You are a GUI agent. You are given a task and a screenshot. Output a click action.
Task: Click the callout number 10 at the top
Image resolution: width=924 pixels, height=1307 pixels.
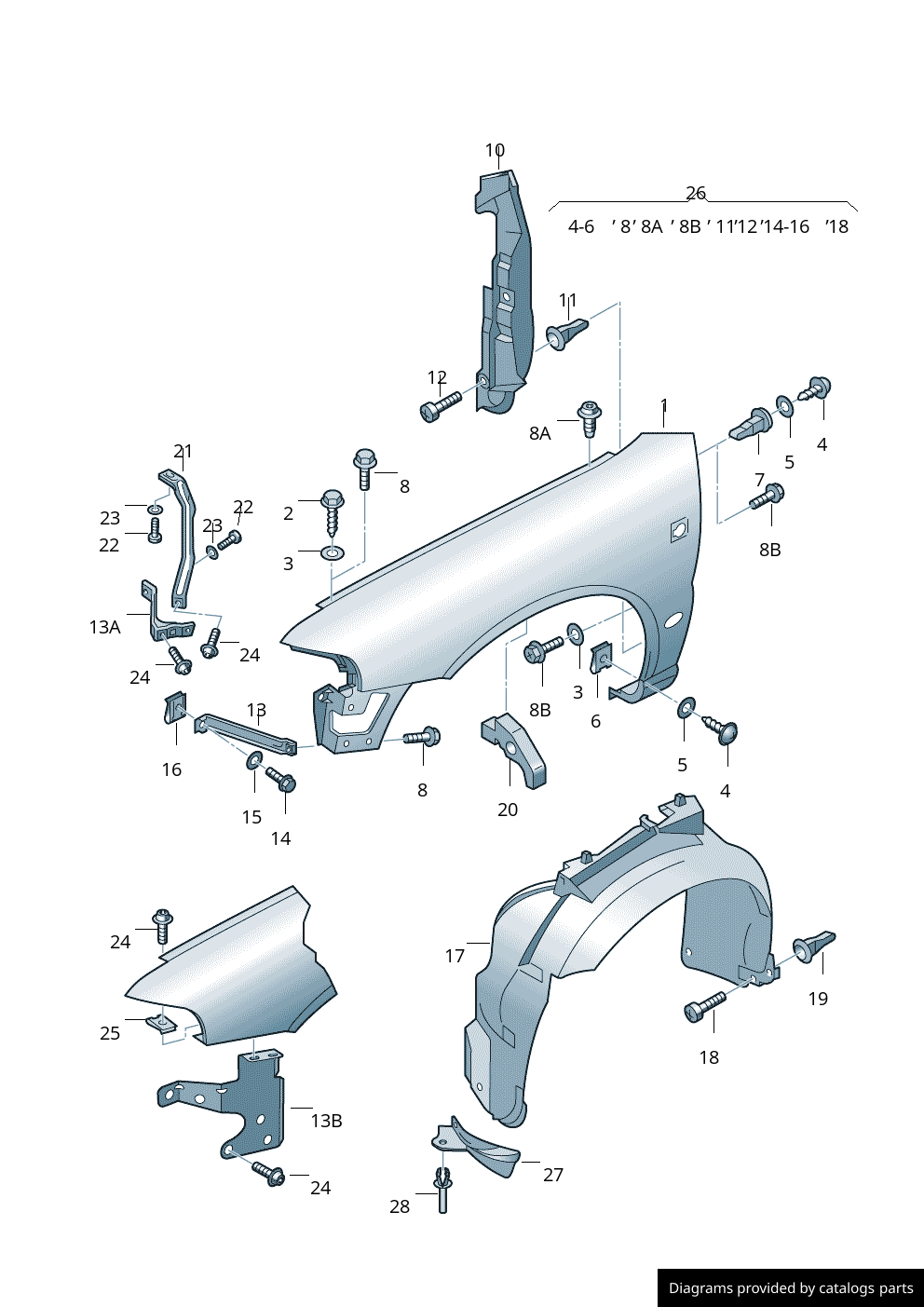(x=495, y=150)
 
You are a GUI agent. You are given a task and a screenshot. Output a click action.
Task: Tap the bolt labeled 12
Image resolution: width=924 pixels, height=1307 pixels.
(x=441, y=406)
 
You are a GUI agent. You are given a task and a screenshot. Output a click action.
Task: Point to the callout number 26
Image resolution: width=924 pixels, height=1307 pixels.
(x=696, y=193)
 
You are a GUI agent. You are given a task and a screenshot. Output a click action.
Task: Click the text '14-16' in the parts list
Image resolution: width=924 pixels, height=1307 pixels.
(x=786, y=226)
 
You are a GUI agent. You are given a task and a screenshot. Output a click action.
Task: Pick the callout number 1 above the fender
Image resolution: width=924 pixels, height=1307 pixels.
(x=664, y=406)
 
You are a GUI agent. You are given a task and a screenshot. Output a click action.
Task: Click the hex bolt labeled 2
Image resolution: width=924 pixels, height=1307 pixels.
(x=333, y=508)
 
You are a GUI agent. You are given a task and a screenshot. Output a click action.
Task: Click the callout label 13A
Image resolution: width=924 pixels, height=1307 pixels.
(x=104, y=627)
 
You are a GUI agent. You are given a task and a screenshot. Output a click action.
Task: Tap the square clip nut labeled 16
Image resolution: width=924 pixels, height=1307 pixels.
(x=175, y=707)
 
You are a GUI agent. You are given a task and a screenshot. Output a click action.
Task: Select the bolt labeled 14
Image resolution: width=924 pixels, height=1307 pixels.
(x=281, y=780)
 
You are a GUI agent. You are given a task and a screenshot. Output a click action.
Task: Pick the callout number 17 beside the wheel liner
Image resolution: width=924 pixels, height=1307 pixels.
(x=455, y=956)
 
